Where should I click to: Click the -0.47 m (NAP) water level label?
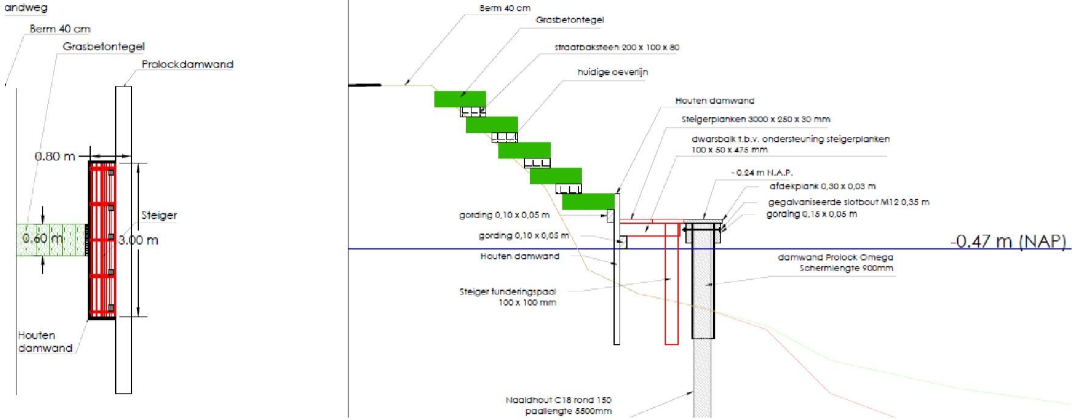pyautogui.click(x=1008, y=241)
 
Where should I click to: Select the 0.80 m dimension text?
pyautogui.click(x=55, y=156)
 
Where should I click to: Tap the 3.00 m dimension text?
pyautogui.click(x=138, y=240)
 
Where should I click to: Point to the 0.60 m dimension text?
pyautogui.click(x=43, y=238)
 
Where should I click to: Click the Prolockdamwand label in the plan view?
pyautogui.click(x=187, y=64)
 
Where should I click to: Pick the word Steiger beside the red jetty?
pyautogui.click(x=159, y=215)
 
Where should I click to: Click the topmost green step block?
pyautogui.click(x=459, y=99)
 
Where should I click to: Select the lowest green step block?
pyautogui.click(x=587, y=201)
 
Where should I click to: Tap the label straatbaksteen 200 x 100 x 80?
pyautogui.click(x=617, y=47)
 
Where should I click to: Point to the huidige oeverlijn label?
pyautogui.click(x=612, y=72)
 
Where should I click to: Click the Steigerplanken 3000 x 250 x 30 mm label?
pyautogui.click(x=755, y=119)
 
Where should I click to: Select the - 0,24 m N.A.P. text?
pyautogui.click(x=762, y=173)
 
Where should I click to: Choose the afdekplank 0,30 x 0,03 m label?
pyautogui.click(x=822, y=187)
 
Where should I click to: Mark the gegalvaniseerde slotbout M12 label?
pyautogui.click(x=848, y=202)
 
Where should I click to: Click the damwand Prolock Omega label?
pyautogui.click(x=835, y=257)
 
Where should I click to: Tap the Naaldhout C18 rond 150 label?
pyautogui.click(x=558, y=400)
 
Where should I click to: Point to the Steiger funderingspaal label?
pyautogui.click(x=508, y=291)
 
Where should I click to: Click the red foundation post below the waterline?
pyautogui.click(x=671, y=293)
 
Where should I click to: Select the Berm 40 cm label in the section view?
pyautogui.click(x=504, y=8)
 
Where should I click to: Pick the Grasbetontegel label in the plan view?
pyautogui.click(x=103, y=46)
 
